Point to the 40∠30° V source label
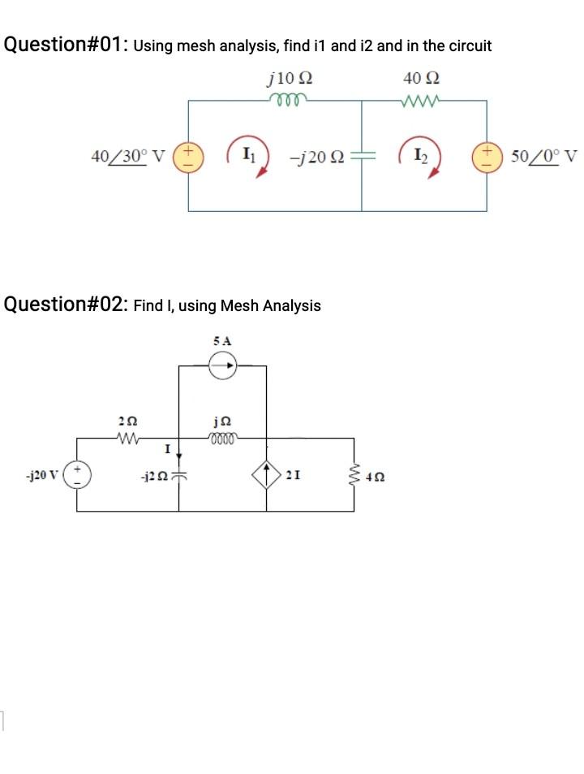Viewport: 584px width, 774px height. pos(127,155)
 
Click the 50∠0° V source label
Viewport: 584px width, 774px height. pos(545,155)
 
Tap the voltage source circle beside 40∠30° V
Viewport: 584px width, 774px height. pos(189,154)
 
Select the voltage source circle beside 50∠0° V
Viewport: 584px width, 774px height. pos(487,154)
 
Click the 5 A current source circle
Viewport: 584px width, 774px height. pos(222,367)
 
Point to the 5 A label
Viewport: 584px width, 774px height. pos(222,341)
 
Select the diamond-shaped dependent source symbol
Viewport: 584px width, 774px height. pos(267,475)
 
